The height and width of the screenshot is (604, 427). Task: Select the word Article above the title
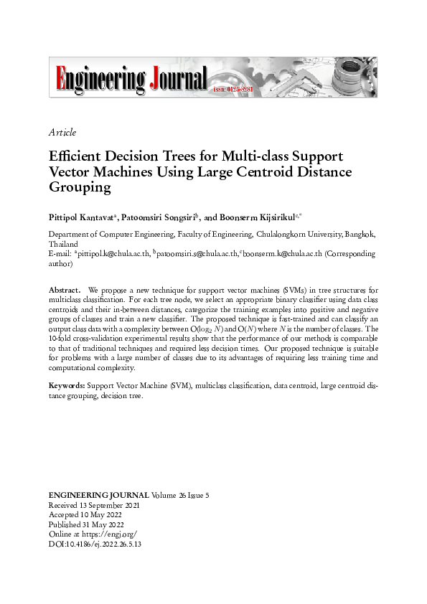point(62,132)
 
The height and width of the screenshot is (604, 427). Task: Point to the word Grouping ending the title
point(80,188)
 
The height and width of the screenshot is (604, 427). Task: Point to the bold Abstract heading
point(64,289)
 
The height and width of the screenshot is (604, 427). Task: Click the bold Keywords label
point(66,386)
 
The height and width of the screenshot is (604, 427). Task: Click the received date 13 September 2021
point(113,506)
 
